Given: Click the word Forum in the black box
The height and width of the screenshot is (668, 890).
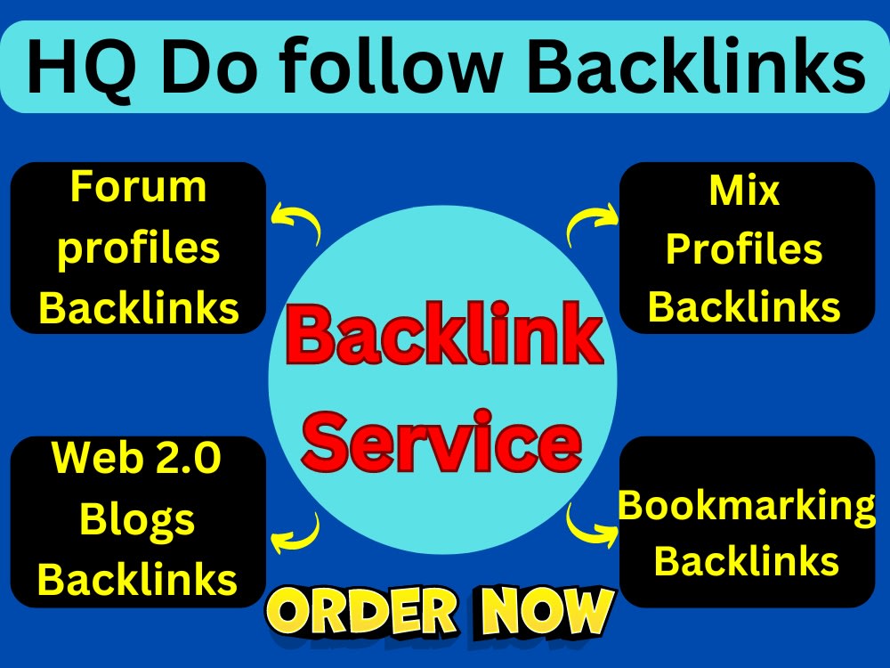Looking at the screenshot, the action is (138, 187).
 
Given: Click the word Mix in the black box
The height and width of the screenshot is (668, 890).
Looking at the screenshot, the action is (744, 191).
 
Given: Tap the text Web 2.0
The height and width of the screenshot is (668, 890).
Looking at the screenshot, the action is (136, 458).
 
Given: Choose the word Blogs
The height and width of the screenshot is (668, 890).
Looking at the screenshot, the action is (137, 520).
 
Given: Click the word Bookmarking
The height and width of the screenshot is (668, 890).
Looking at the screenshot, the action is (747, 507).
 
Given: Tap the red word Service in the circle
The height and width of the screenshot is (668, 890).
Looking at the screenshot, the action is (442, 442).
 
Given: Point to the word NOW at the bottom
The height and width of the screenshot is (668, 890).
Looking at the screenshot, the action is (547, 611).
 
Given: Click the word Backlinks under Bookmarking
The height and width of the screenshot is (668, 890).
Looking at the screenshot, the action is (747, 561).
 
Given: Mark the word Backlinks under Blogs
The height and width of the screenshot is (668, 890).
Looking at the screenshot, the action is (137, 580).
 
